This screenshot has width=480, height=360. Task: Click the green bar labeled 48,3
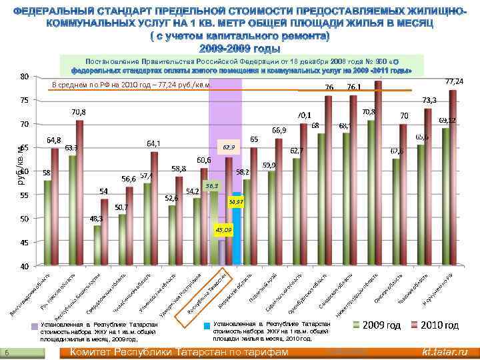click(98, 245)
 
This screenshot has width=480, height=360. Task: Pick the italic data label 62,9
click(229, 146)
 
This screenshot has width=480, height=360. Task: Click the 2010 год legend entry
click(437, 325)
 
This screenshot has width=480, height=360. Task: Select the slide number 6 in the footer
click(6, 352)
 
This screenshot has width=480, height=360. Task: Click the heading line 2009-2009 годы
click(239, 47)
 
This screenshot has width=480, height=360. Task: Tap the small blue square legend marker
click(207, 327)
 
